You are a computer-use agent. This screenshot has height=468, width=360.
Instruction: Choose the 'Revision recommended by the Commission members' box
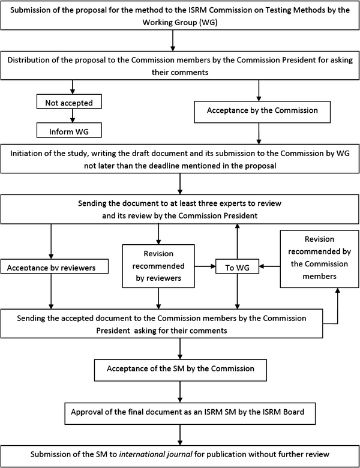[x=320, y=265]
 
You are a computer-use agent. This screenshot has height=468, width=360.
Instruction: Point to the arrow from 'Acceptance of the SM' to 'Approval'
[x=179, y=391]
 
